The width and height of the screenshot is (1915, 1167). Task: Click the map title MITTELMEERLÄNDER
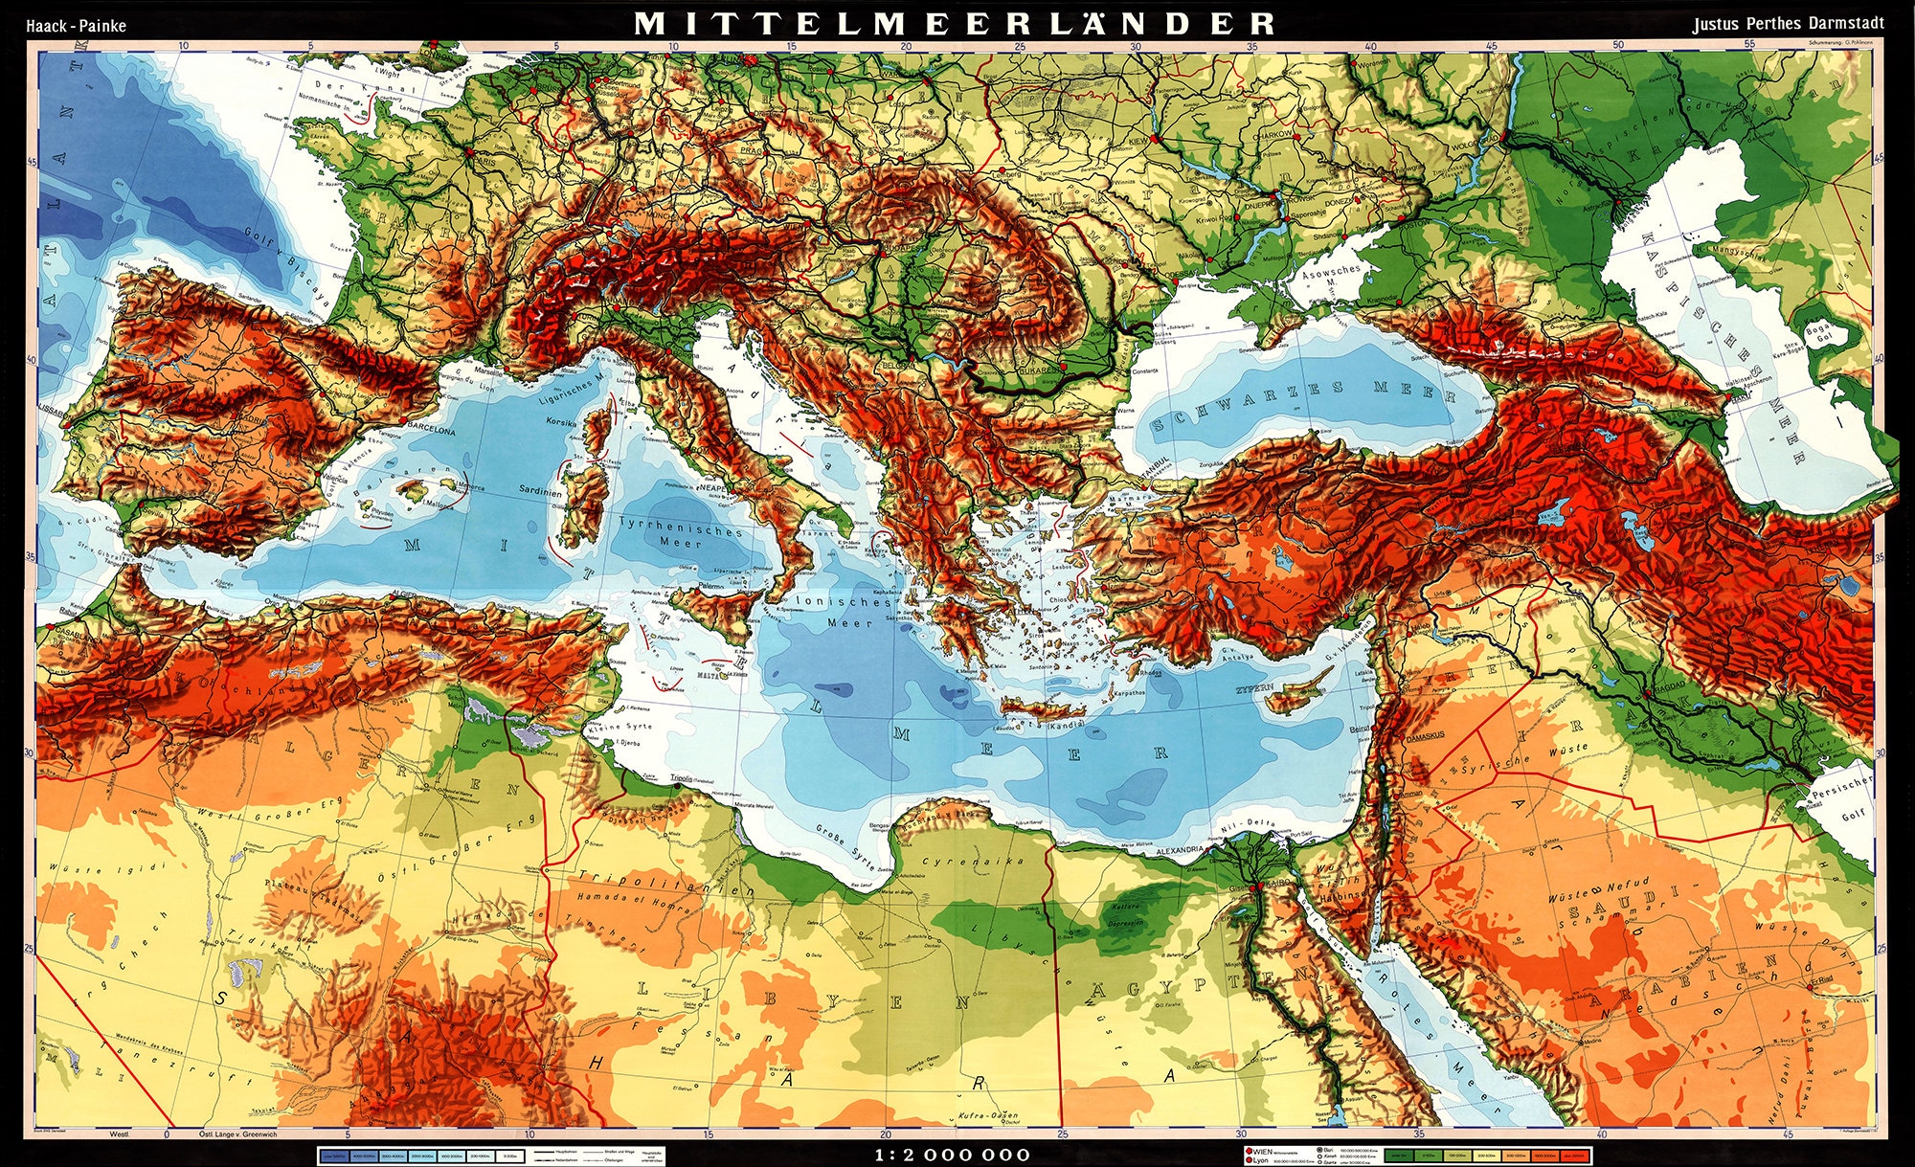click(x=955, y=23)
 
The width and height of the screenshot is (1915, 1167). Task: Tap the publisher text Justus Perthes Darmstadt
click(x=1788, y=24)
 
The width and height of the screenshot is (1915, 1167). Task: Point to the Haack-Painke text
click(x=76, y=26)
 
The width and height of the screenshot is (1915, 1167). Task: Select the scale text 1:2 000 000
click(x=953, y=1156)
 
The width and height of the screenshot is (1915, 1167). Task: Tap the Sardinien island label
click(x=541, y=491)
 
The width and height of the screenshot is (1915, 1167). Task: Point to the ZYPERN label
click(x=1254, y=688)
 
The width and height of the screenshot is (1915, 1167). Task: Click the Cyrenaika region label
click(x=973, y=861)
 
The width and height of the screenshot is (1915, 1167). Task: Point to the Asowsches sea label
click(x=1331, y=272)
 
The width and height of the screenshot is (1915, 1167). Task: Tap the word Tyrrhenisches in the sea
click(x=681, y=526)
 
